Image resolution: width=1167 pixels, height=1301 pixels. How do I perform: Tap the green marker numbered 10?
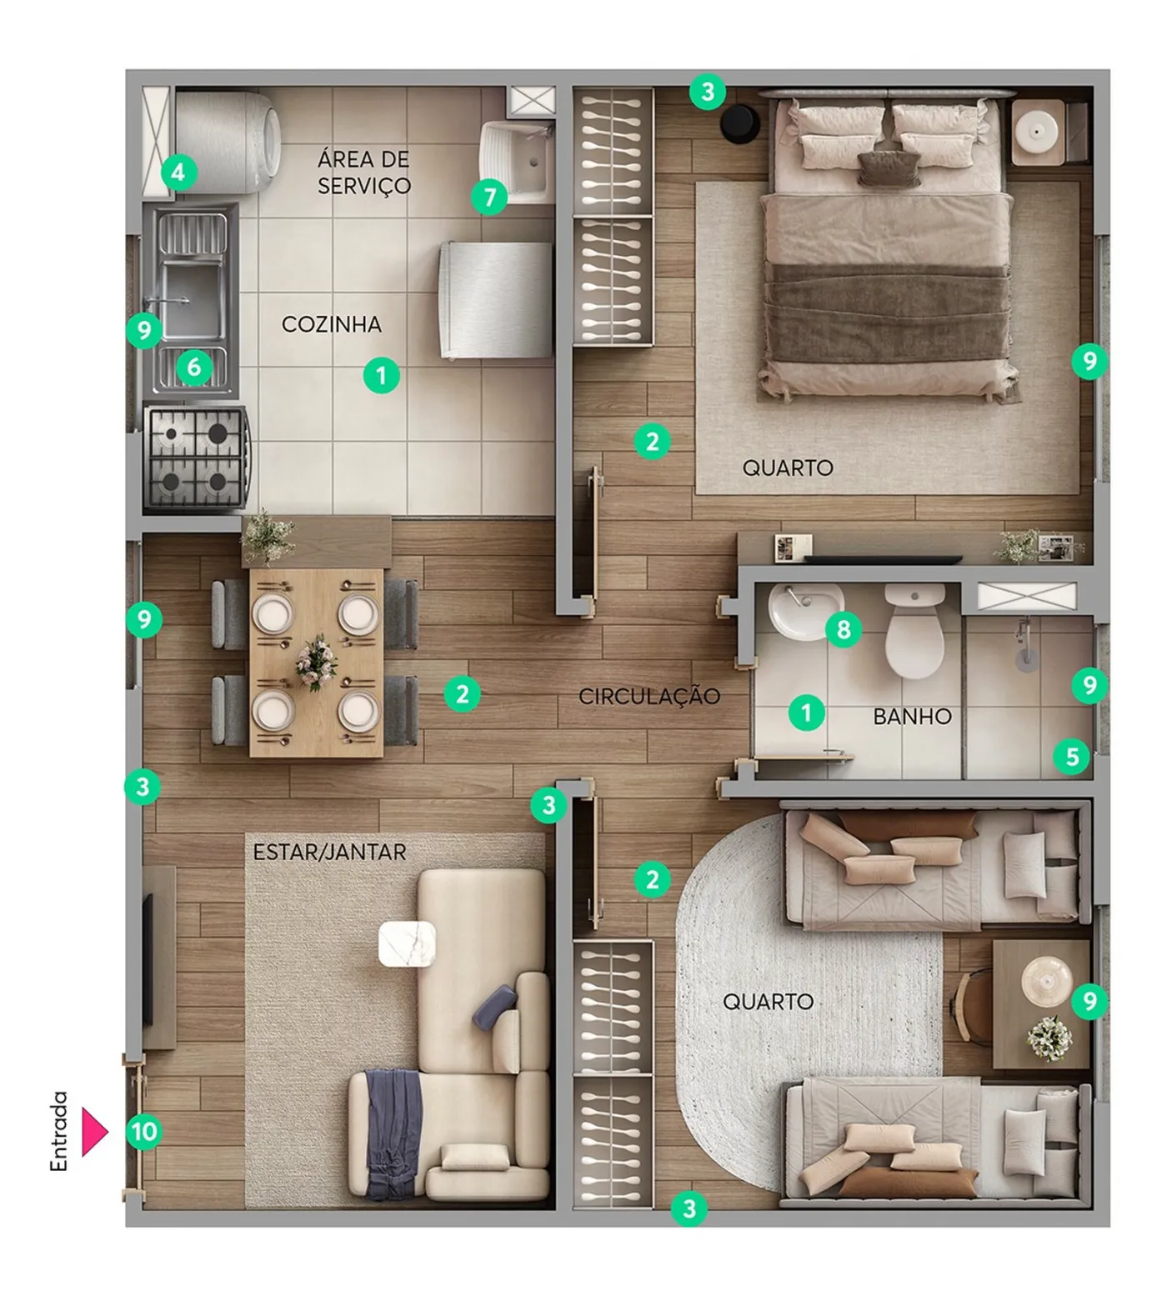click(144, 1132)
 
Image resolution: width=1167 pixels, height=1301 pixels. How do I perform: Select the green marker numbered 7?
click(489, 198)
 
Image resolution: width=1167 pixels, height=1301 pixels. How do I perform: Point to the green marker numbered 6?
click(194, 367)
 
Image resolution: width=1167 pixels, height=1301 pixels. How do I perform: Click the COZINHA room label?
click(331, 324)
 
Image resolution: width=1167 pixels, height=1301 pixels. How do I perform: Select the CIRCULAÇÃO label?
click(649, 696)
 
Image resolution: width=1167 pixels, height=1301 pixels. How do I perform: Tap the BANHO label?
click(912, 716)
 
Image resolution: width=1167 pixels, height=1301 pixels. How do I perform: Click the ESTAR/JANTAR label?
click(330, 852)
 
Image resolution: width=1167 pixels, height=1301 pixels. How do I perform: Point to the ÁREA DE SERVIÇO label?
click(363, 172)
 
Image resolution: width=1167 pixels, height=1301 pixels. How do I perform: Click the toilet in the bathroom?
click(914, 631)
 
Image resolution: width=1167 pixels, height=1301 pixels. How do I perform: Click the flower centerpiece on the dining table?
click(317, 663)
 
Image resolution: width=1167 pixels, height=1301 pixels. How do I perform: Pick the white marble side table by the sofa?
click(408, 944)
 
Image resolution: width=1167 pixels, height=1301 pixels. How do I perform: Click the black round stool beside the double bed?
click(739, 123)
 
